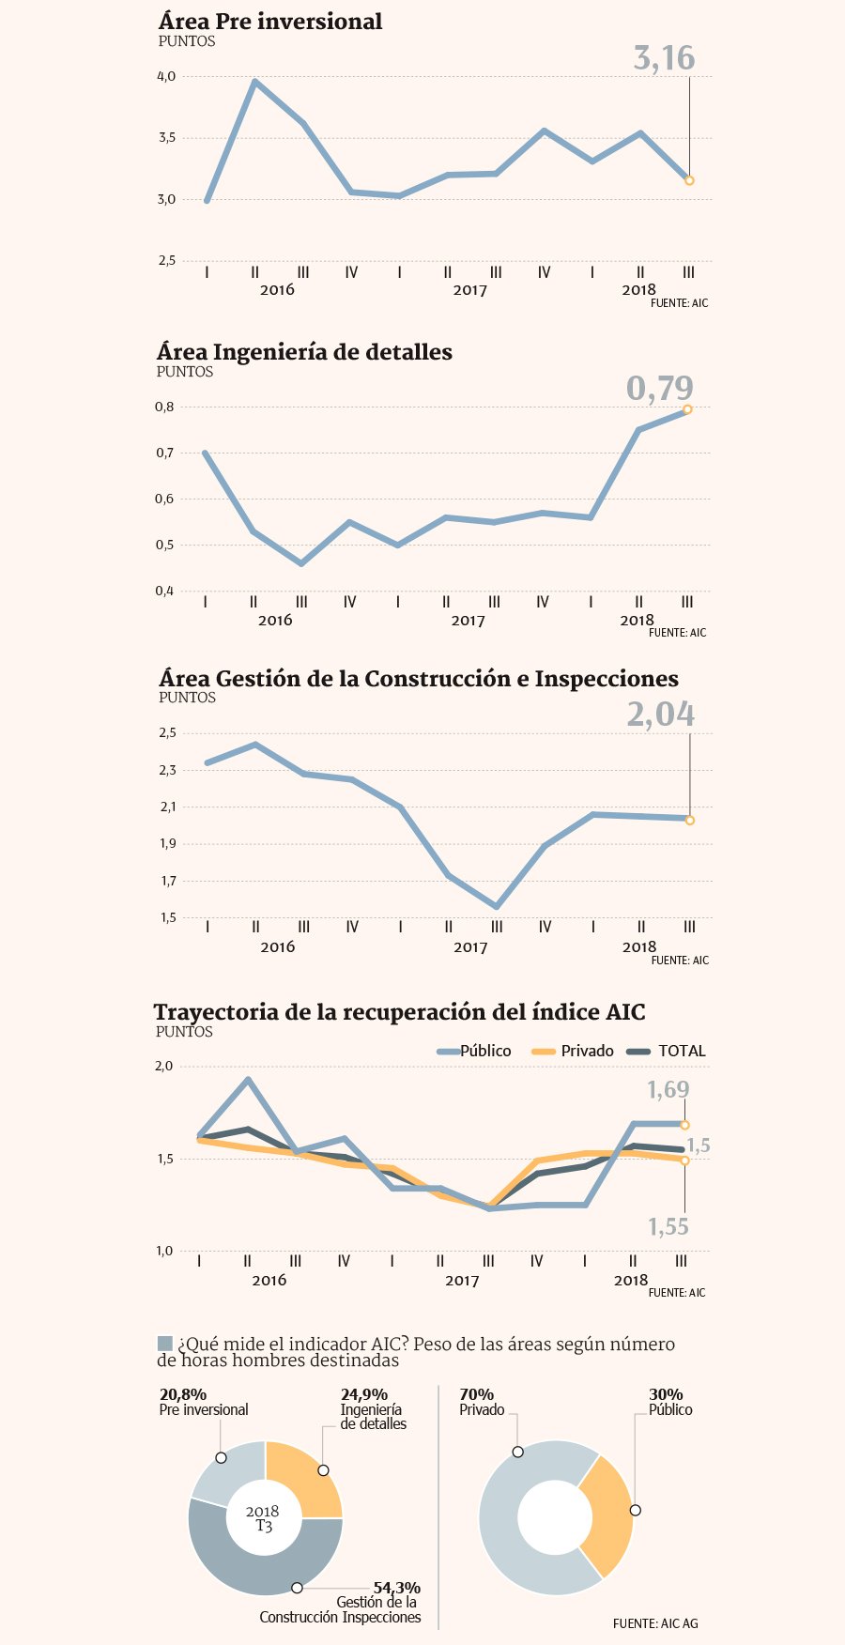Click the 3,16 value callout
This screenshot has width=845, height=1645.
[664, 59]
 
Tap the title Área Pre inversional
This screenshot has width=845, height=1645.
[270, 22]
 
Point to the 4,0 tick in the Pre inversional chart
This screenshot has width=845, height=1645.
[166, 77]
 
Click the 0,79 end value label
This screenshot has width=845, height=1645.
[660, 389]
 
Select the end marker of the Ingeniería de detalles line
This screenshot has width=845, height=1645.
[687, 409]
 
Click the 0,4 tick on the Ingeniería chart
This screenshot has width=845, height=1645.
[164, 591]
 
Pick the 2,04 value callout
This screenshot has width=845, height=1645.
[661, 715]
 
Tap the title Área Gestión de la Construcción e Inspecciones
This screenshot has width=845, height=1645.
[418, 679]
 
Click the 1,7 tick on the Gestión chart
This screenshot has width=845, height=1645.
[167, 881]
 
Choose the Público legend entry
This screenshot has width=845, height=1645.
[475, 1052]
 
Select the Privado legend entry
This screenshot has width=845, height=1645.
[574, 1052]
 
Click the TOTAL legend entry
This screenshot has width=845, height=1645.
[668, 1052]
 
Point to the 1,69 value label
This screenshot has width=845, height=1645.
[668, 1090]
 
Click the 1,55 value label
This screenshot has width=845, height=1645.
[668, 1227]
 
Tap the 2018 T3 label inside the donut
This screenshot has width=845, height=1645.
[263, 1518]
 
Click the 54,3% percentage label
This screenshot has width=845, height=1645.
[396, 1588]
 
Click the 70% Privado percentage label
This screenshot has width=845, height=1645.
[476, 1395]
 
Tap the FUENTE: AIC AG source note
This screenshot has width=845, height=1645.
[655, 1623]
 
